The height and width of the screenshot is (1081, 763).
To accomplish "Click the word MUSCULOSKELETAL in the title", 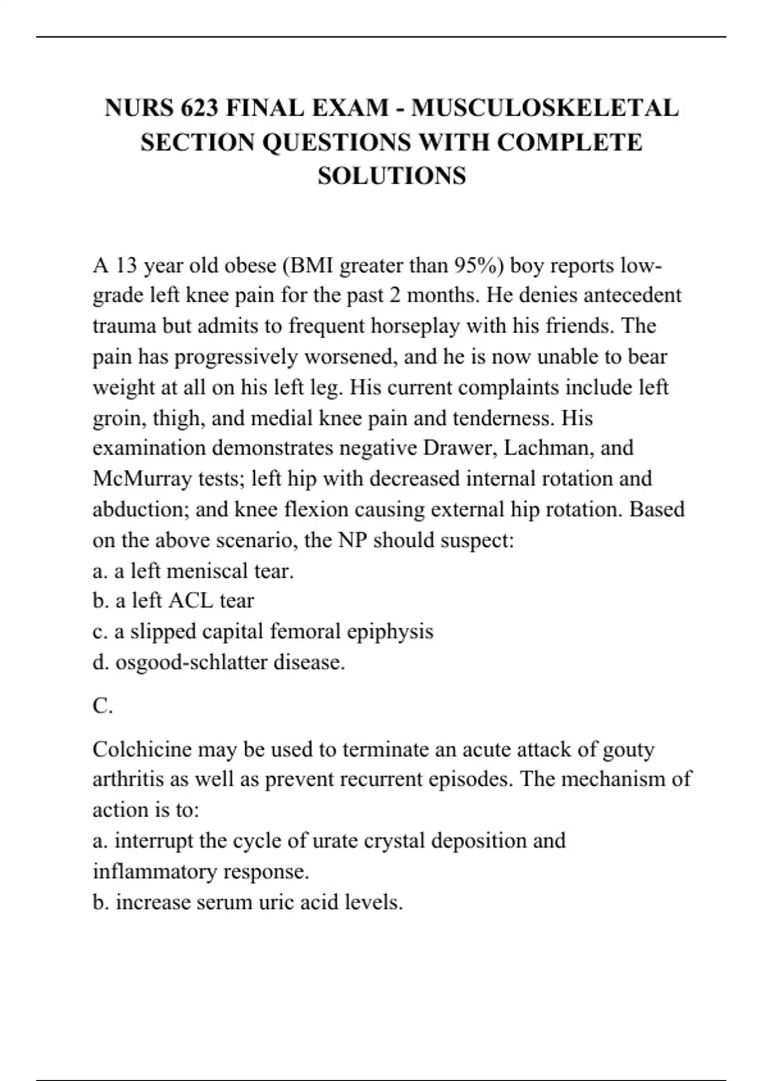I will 545,108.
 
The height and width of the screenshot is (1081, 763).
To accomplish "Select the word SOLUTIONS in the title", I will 392,176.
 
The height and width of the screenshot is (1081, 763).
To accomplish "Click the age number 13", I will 126,265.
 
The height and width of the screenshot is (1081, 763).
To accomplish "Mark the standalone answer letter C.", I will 102,706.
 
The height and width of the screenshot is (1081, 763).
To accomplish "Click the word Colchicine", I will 142,750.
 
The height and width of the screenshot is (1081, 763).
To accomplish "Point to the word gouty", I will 627,750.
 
